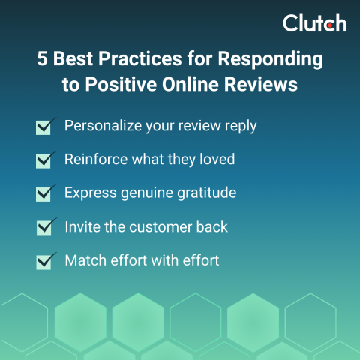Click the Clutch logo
[x=314, y=23]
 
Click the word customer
[x=163, y=226]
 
